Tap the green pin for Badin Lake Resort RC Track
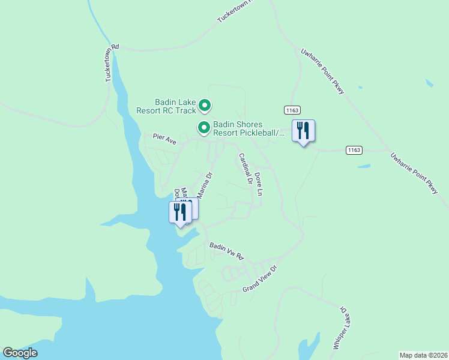pos(205,106)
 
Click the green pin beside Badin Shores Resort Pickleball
pos(204,127)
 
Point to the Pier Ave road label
pos(164,140)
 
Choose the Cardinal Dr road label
pos(245,168)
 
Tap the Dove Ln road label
pos(259,184)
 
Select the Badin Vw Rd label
pos(227,250)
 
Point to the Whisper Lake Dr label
pos(340,329)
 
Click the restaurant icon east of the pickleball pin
pos(303,131)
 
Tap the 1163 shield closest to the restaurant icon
pos(292,110)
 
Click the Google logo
pos(20,353)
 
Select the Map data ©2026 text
pos(423,355)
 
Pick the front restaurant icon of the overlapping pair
pos(179,212)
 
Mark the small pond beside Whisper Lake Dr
pos(309,347)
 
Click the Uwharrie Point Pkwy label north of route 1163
pos(322,71)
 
